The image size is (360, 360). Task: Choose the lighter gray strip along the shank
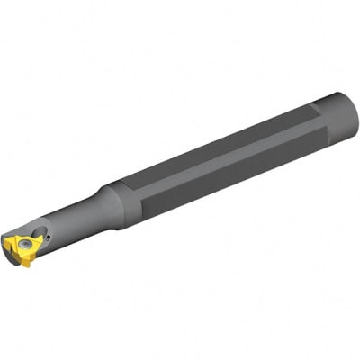coord(225,153)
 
